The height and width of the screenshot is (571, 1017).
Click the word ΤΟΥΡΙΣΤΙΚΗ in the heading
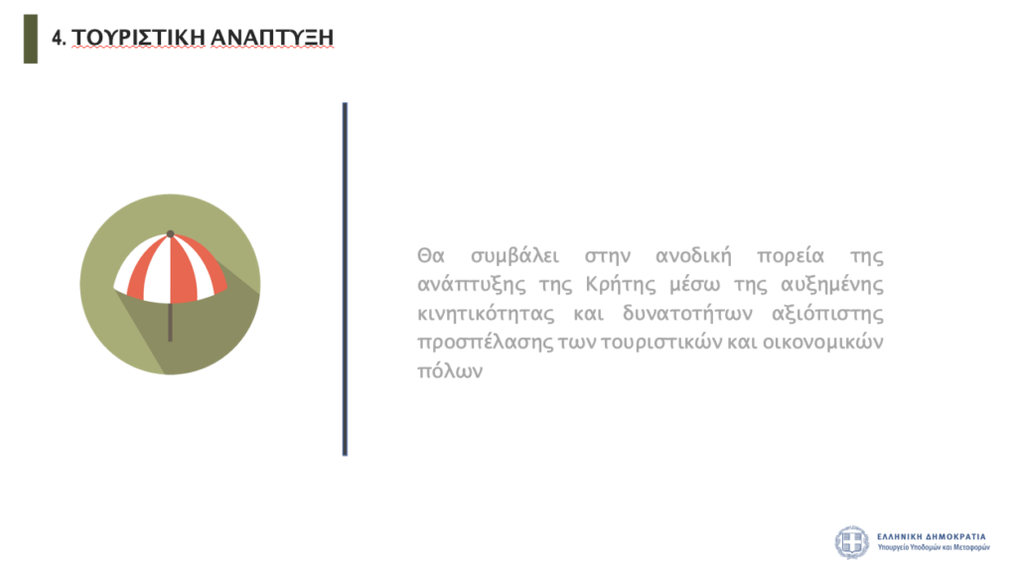pyautogui.click(x=138, y=38)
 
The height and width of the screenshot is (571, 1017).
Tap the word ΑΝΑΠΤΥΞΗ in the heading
pyautogui.click(x=272, y=38)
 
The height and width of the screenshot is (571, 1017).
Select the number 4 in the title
pyautogui.click(x=57, y=39)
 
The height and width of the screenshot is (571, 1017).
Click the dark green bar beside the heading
pyautogui.click(x=31, y=39)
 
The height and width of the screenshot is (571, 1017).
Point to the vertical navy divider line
pyautogui.click(x=345, y=279)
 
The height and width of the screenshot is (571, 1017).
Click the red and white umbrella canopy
pyautogui.click(x=171, y=269)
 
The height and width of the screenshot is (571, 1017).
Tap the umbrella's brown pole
pyautogui.click(x=171, y=322)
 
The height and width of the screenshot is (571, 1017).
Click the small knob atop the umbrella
pyautogui.click(x=171, y=233)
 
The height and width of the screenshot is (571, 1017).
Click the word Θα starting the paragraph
pyautogui.click(x=431, y=255)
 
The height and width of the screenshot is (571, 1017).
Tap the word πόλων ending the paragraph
pyautogui.click(x=450, y=371)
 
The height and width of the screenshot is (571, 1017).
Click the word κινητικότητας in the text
pyautogui.click(x=486, y=314)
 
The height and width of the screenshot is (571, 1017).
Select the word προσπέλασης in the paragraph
pyautogui.click(x=485, y=343)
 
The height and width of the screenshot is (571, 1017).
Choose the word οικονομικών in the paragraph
pyautogui.click(x=823, y=342)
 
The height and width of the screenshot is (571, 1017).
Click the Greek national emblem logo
pyautogui.click(x=851, y=542)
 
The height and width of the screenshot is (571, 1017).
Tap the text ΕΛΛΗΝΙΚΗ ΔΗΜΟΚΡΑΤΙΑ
pyautogui.click(x=932, y=536)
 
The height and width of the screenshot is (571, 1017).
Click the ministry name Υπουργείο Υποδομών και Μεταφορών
pyautogui.click(x=934, y=547)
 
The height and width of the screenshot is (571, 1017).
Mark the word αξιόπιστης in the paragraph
pyautogui.click(x=827, y=315)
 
